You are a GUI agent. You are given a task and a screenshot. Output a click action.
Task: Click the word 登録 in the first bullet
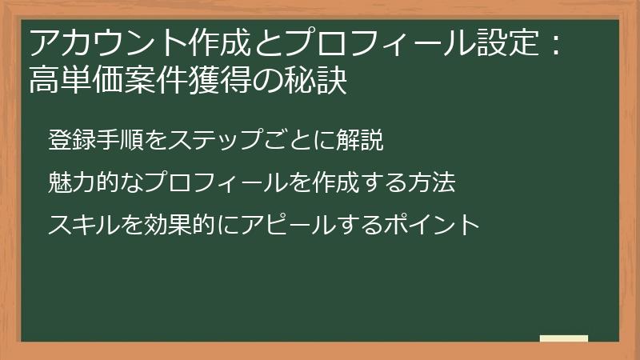[70, 140]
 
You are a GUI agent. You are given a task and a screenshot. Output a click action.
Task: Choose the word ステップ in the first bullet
[206, 140]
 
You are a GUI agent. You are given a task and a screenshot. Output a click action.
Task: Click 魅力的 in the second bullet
[81, 182]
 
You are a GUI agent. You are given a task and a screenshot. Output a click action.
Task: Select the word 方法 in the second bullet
[433, 182]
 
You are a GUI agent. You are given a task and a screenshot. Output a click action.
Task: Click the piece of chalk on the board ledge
[564, 338]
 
